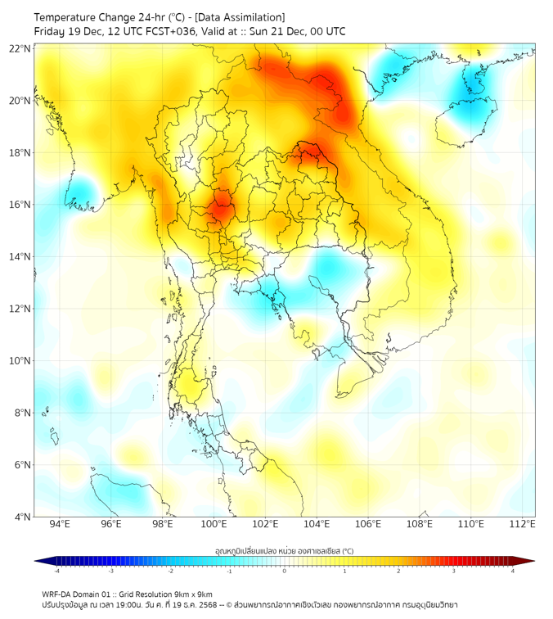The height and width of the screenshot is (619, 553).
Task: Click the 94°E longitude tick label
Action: point(60,525)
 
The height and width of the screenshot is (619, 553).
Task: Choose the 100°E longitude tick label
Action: point(214,525)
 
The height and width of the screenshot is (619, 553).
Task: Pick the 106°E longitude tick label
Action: point(369,525)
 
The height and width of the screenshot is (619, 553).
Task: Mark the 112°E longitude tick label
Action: point(523,525)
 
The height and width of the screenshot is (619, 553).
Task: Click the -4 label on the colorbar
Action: point(56,572)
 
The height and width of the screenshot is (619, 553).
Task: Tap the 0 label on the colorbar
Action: point(285,572)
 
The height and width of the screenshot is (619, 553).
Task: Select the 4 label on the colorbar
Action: point(513,572)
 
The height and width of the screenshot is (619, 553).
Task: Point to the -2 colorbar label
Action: point(169,572)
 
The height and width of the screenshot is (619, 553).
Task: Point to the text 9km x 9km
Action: point(193,594)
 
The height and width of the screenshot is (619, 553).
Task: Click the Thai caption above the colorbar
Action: point(284,550)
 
